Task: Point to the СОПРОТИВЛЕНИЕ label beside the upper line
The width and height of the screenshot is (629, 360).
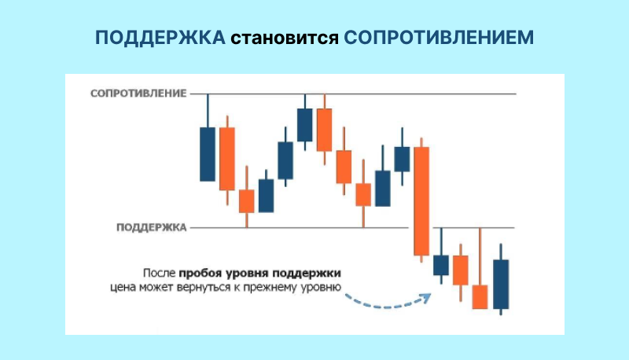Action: (x=138, y=94)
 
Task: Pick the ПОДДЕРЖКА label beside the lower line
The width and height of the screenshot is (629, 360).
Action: (x=151, y=228)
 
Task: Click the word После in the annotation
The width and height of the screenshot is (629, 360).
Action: (x=160, y=274)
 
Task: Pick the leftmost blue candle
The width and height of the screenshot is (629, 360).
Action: (x=208, y=154)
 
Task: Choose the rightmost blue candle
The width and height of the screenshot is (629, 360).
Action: (x=501, y=284)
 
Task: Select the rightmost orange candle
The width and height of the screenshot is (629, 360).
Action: (x=480, y=296)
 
